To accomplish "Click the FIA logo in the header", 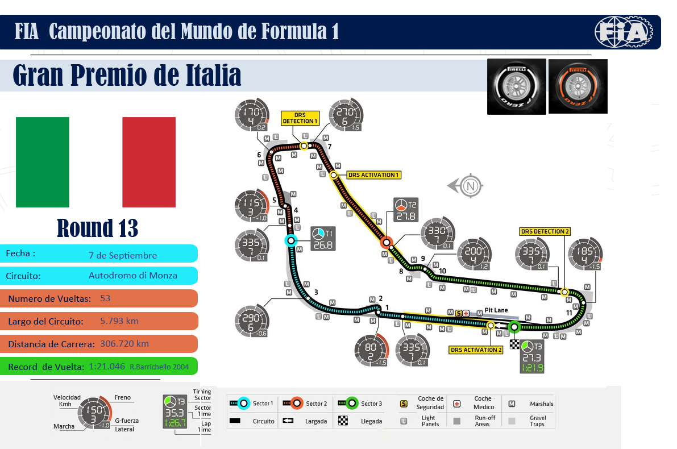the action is coord(624,32).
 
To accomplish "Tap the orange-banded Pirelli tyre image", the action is coord(578,86).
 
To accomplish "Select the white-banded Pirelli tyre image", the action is coord(516,86).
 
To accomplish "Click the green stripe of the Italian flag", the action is coord(42,162).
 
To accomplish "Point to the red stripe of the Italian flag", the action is coord(149,162).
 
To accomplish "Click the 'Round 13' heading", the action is coord(98,228).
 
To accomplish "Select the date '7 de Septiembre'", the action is coord(123,255).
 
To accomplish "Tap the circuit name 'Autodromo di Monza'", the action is coord(133,276).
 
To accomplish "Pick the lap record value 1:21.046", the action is coord(107,367).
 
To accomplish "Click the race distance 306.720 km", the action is coord(124,344).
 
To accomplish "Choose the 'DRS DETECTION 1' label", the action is coord(300,118).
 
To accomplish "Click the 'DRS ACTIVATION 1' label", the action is coord(373,174).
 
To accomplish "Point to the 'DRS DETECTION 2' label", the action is coord(545,231).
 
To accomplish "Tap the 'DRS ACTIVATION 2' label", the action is coord(476,350).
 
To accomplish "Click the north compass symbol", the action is coord(469,186).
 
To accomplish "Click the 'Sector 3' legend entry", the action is coord(364,404).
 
